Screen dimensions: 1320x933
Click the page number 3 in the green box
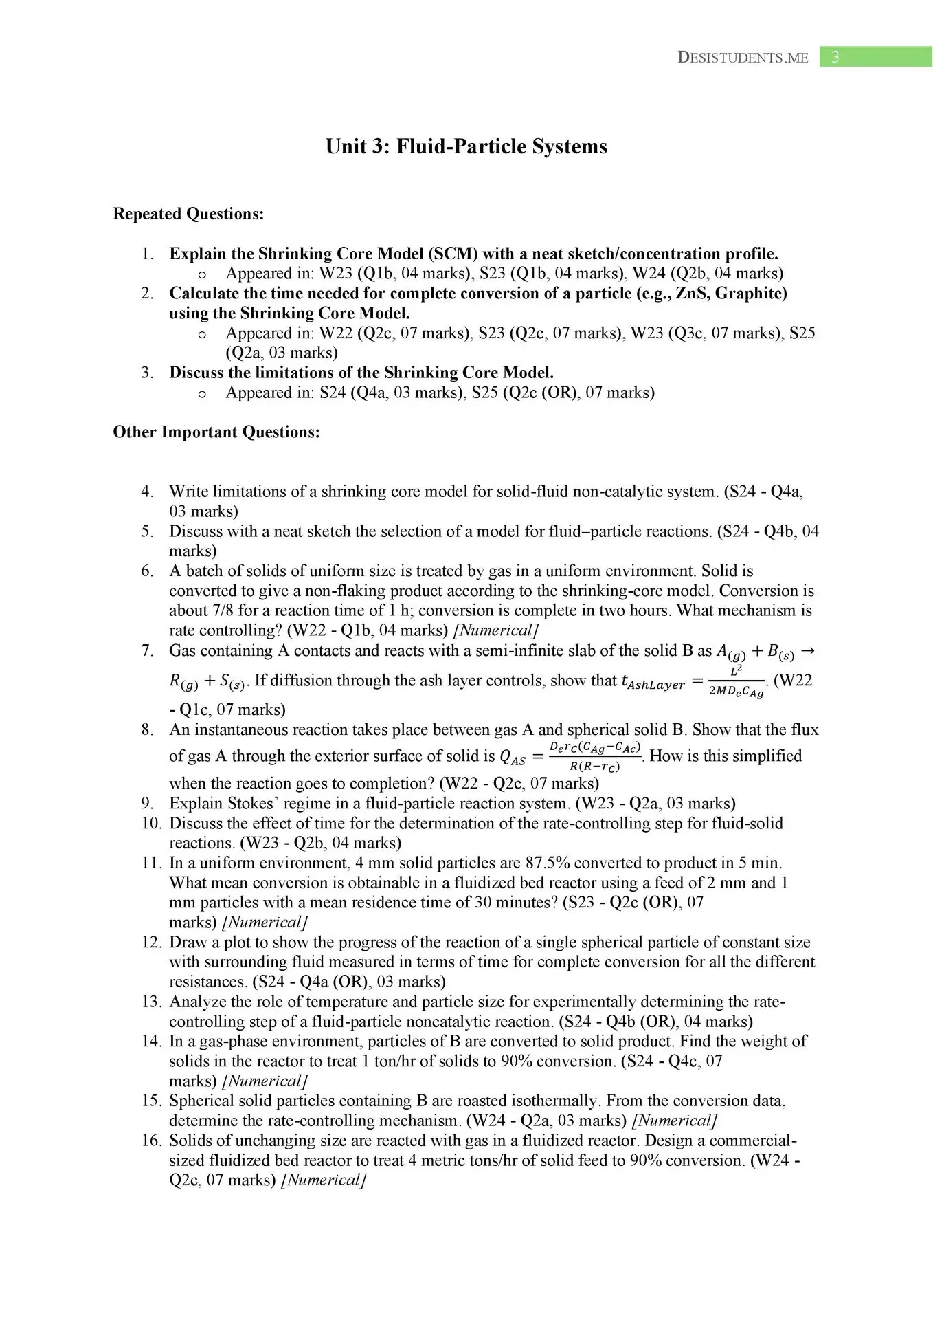tap(835, 57)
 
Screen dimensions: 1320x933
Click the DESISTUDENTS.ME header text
tap(743, 58)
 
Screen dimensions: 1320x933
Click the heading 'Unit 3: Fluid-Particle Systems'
tap(466, 146)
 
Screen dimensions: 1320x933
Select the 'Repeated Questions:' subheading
tap(188, 214)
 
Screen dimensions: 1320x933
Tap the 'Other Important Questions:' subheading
tap(216, 432)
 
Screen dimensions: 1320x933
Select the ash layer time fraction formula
tap(735, 682)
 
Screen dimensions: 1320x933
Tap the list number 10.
tap(151, 823)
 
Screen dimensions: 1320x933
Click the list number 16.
tap(151, 1141)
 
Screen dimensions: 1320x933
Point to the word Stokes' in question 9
tap(256, 803)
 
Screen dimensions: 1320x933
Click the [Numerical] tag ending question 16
tap(324, 1180)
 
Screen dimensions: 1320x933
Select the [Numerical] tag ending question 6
tap(495, 630)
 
